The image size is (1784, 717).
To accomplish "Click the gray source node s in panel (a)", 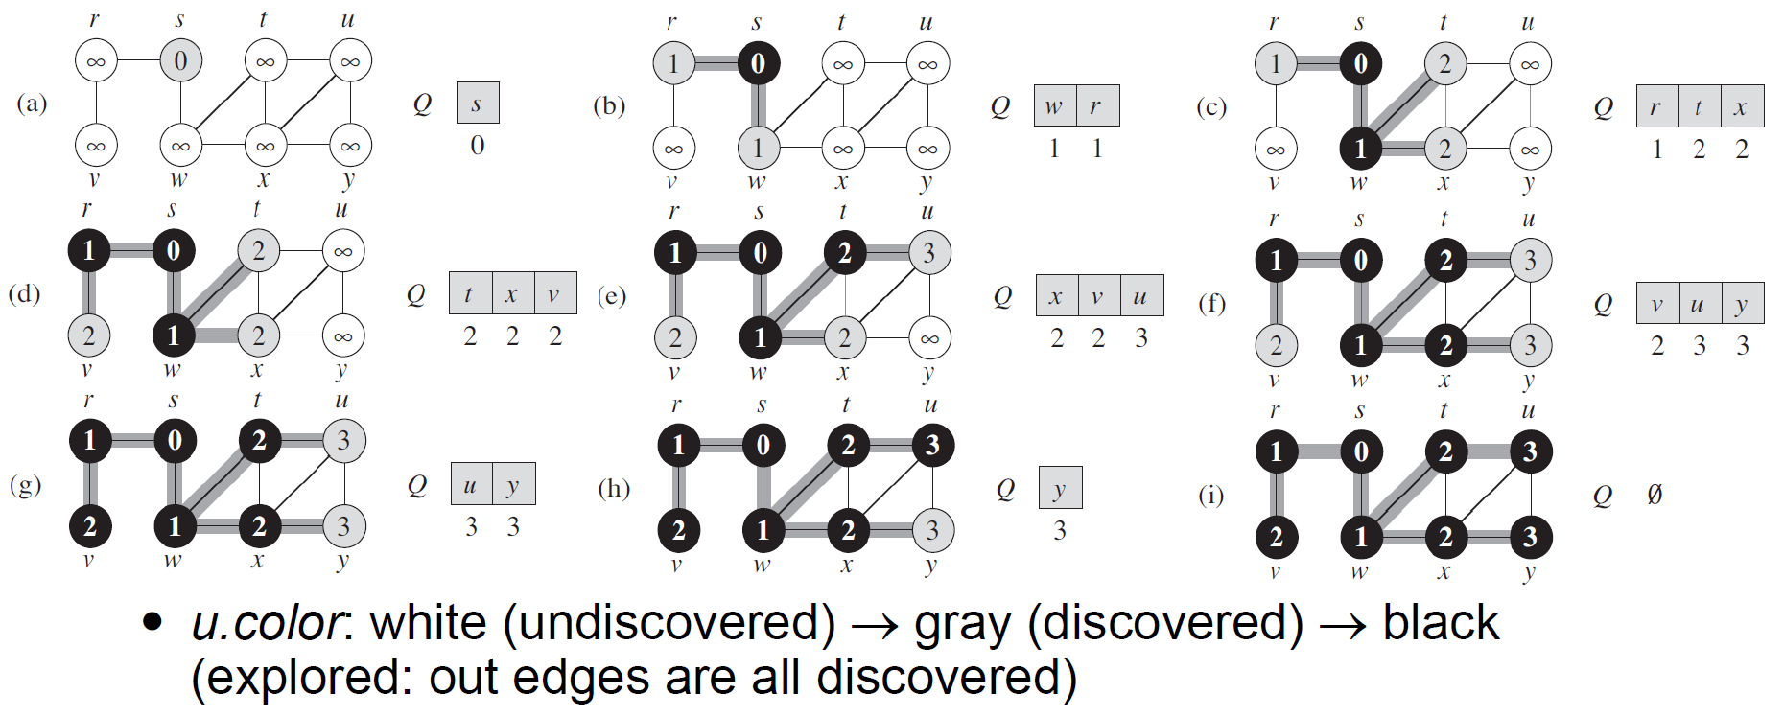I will click(x=180, y=61).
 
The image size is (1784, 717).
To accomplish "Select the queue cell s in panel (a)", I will click(x=478, y=104).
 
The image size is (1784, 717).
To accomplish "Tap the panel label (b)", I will click(x=609, y=105).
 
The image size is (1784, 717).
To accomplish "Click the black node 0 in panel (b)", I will click(x=758, y=63).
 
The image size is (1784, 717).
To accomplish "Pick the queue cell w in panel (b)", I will click(x=1054, y=106).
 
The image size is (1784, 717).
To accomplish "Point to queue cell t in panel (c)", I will click(x=1699, y=107).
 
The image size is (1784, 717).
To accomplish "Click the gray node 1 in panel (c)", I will click(x=1275, y=64).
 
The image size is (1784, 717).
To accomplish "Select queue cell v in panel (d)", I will click(x=554, y=294).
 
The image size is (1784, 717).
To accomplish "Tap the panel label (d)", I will click(x=25, y=293).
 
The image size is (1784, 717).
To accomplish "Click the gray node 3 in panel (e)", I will click(x=928, y=253).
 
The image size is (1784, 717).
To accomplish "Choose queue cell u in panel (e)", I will click(x=1140, y=296).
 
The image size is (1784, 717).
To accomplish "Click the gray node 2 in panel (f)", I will click(x=1275, y=345).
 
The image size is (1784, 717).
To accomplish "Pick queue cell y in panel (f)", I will click(x=1742, y=304).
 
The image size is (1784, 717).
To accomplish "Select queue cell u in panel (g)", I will click(x=471, y=485).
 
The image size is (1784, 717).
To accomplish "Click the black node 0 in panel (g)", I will click(x=174, y=441).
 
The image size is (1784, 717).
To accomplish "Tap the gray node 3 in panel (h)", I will click(x=932, y=530).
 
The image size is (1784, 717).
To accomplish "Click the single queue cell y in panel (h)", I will click(x=1060, y=488).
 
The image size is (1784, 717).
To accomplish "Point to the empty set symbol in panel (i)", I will click(x=1655, y=495).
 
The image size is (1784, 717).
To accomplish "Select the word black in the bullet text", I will click(x=1440, y=623).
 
